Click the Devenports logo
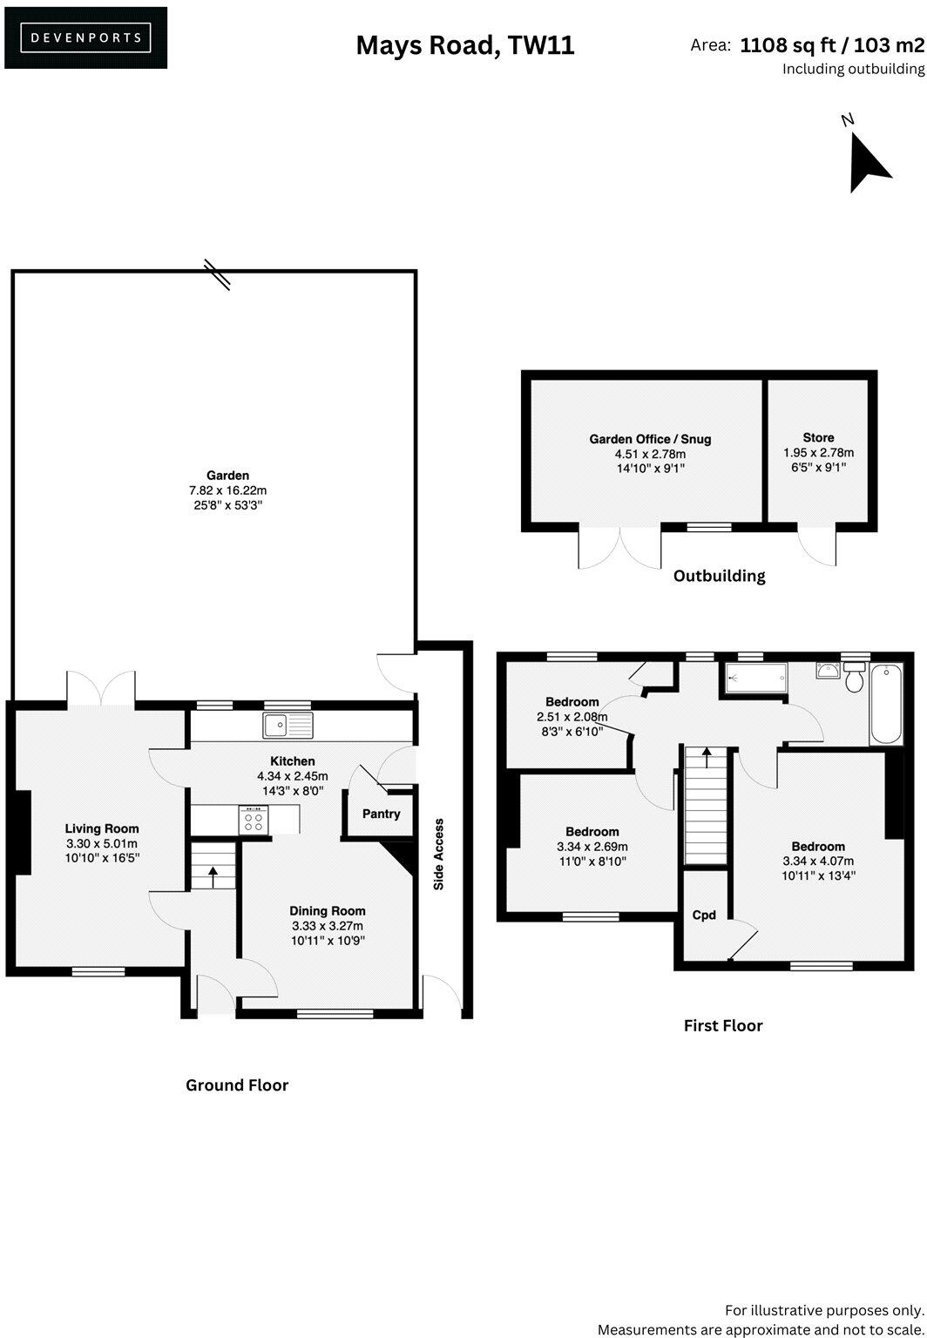coord(85,37)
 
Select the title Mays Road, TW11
coord(464,45)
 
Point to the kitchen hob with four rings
coord(254,821)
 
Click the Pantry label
coord(381,814)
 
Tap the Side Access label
coord(439,854)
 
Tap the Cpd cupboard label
coord(704,915)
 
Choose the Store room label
coord(818,437)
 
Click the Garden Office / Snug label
coord(650,439)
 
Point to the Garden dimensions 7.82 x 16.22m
coord(227,490)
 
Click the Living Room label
coord(102,828)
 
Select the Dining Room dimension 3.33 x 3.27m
coord(327,926)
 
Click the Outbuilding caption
coord(719,576)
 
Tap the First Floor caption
coord(722,1026)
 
